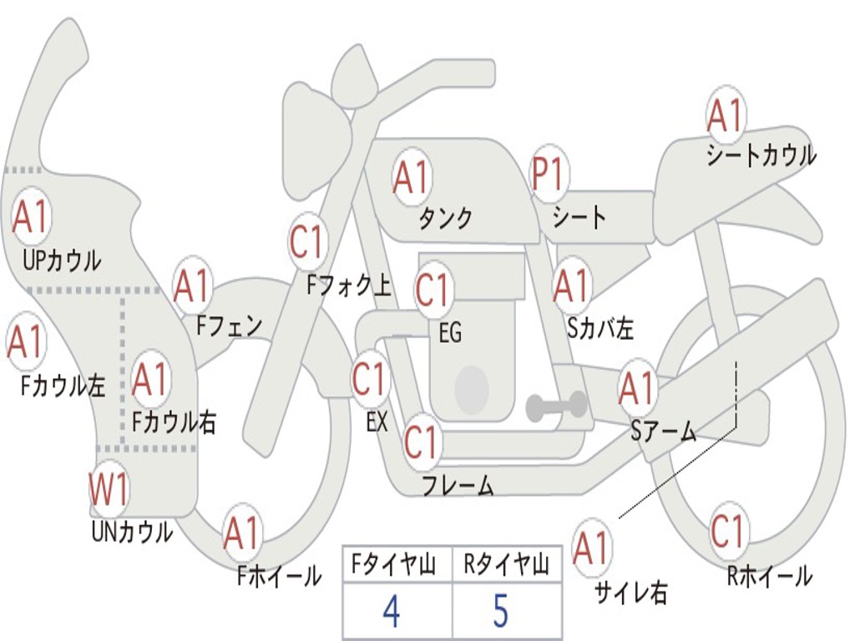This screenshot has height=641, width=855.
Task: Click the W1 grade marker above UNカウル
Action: coord(109,489)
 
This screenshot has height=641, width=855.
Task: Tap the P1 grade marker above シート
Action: coord(548,174)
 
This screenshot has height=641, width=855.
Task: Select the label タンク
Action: coord(445,218)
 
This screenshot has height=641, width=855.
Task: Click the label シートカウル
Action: coord(761,155)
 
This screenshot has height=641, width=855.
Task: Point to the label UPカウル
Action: coord(62,260)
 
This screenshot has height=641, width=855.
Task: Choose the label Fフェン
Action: coord(230,326)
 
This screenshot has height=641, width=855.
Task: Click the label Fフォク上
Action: coord(349,285)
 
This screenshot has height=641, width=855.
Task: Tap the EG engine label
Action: coord(450,332)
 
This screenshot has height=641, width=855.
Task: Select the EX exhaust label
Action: coord(377,421)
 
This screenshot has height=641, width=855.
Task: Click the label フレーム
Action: coord(458,485)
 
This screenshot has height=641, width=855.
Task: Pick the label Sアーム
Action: coord(664,432)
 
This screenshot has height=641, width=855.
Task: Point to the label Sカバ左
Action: coord(600,328)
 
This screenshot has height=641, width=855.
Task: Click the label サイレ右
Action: coord(631,592)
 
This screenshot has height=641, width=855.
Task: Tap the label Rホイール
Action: coord(770,576)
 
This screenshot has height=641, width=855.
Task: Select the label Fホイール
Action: coord(279,576)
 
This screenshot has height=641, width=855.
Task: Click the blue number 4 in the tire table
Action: coord(392,611)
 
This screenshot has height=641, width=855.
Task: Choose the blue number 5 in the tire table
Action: coord(501,611)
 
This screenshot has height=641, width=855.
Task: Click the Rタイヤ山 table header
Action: coord(506,564)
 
